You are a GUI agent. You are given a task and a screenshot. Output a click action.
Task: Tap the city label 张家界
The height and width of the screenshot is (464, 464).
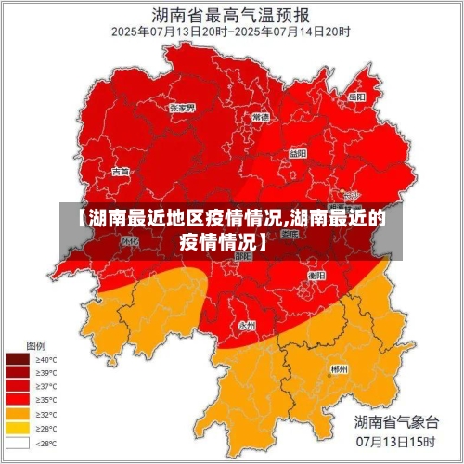click(182, 108)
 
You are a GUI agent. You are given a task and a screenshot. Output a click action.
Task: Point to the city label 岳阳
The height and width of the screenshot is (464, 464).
click(356, 97)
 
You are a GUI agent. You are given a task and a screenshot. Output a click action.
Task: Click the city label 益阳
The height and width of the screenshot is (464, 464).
click(297, 152)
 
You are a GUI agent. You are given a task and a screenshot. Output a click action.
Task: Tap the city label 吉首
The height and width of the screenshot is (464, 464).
click(121, 172)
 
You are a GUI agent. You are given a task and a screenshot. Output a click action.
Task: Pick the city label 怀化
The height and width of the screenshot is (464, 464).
click(129, 240)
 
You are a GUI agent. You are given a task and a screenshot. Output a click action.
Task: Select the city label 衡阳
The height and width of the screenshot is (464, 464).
click(316, 276)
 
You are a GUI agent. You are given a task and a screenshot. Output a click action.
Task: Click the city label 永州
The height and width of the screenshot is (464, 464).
click(247, 325)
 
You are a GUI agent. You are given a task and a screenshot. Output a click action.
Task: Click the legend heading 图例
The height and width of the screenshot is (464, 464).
click(35, 344)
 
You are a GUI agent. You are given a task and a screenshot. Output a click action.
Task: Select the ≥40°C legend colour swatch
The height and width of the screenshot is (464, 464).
click(19, 358)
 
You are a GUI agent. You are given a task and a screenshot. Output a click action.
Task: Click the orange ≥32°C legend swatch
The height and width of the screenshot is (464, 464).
click(19, 414)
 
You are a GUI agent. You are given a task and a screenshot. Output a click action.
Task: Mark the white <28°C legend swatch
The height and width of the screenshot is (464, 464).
click(19, 443)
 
